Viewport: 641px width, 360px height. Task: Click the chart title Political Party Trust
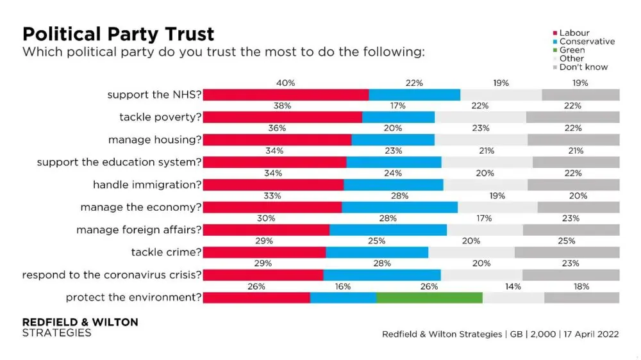(x=119, y=33)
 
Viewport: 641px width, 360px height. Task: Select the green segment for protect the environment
(x=429, y=297)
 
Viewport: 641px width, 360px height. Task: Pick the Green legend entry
(x=572, y=50)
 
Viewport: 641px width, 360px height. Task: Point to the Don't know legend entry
(x=583, y=67)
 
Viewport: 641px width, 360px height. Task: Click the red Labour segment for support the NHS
(x=286, y=95)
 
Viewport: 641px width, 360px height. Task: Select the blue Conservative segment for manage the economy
(x=399, y=207)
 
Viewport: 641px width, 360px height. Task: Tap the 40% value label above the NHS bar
(x=286, y=83)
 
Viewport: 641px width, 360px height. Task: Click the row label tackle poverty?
(x=160, y=117)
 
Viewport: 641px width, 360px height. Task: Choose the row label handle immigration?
(x=147, y=184)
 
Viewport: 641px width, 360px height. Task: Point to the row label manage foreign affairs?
(x=139, y=229)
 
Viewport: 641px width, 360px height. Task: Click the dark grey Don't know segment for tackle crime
(x=567, y=252)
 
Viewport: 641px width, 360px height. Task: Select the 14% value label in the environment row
(x=513, y=286)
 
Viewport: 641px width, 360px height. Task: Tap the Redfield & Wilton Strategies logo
(x=80, y=327)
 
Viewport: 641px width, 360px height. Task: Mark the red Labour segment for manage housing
(x=277, y=140)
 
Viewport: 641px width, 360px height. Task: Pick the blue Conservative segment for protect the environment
(x=343, y=297)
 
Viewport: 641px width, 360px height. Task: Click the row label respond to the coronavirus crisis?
(x=112, y=275)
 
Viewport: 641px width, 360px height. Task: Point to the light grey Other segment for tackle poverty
(x=480, y=117)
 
